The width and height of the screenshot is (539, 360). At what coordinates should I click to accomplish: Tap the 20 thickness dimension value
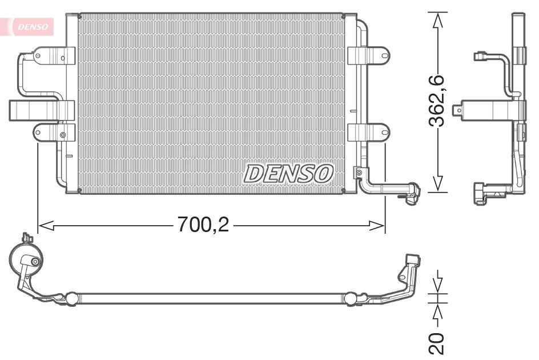coord(437,343)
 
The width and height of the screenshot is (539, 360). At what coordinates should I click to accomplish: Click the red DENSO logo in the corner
coord(33,26)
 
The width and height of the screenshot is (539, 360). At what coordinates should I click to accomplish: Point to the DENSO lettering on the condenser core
coord(288,173)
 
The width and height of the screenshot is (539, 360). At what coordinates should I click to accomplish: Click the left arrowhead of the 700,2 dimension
coord(46,226)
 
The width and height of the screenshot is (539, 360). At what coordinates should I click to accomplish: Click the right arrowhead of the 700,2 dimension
coord(376,226)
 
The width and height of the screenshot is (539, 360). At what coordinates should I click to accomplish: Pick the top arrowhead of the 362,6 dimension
coord(437,20)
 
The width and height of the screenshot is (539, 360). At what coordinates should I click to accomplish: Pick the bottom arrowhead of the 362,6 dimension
coord(437,184)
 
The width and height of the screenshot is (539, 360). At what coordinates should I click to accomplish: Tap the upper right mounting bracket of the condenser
coord(368,55)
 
